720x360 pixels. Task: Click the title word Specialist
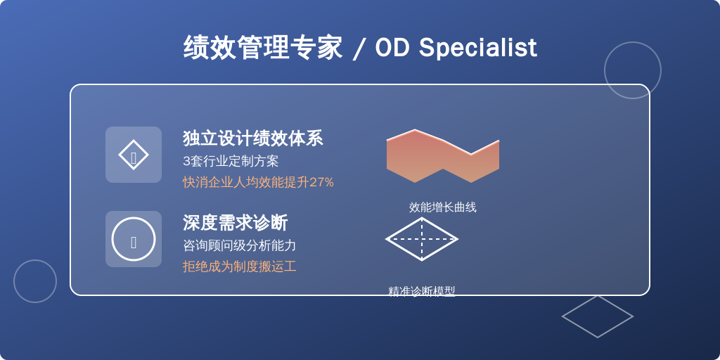(x=477, y=48)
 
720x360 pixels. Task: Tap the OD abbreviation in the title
(x=392, y=47)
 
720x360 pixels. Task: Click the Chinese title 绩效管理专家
(x=263, y=47)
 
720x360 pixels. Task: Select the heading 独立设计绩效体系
(x=253, y=139)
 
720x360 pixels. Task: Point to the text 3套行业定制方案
(x=231, y=161)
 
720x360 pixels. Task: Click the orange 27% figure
(x=321, y=182)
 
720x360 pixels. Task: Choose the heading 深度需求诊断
(x=235, y=223)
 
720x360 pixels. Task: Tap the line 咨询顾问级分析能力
(x=239, y=245)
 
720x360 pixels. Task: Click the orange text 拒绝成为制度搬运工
(x=239, y=266)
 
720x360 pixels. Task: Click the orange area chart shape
(x=443, y=156)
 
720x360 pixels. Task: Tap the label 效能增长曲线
(x=443, y=207)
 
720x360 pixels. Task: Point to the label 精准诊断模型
(x=422, y=291)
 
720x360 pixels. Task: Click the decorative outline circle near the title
(x=633, y=42)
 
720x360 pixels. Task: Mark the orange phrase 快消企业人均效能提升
(x=245, y=182)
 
